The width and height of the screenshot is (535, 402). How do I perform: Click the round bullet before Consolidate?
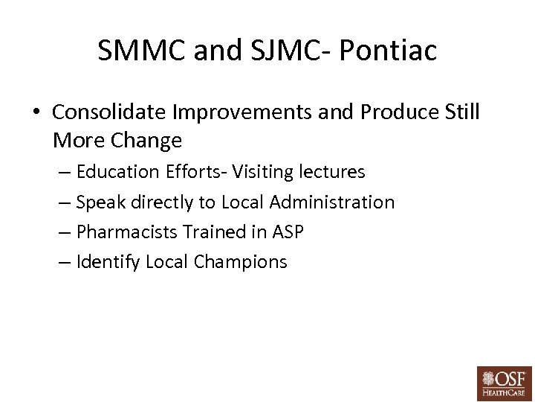click(36, 112)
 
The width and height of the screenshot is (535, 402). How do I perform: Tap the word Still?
click(461, 112)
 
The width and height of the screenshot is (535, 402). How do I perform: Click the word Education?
click(115, 172)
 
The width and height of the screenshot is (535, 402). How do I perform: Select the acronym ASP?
click(288, 232)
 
